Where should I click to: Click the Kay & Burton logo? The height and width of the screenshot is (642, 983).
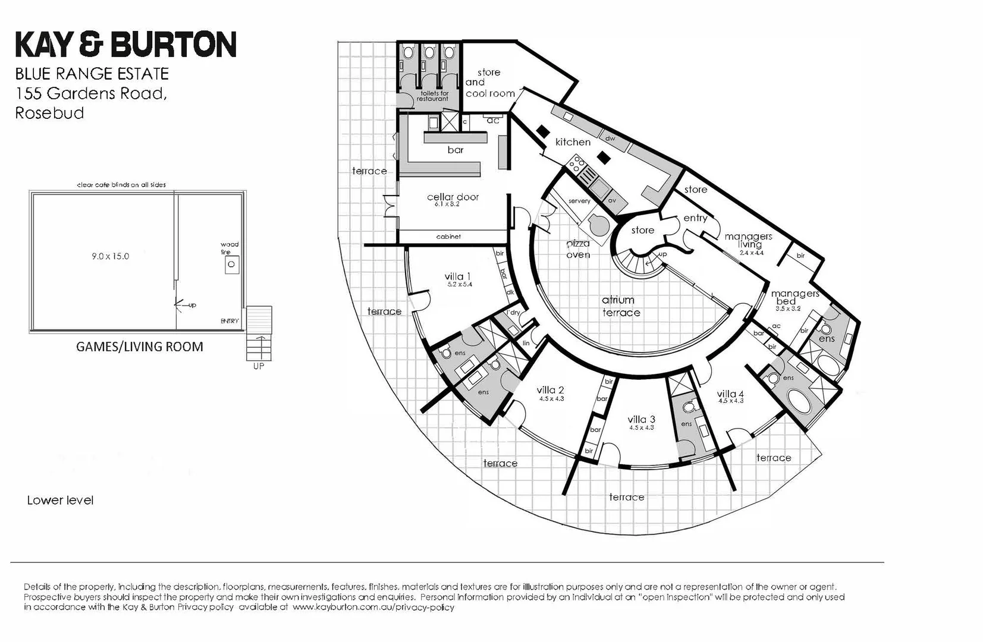click(x=125, y=45)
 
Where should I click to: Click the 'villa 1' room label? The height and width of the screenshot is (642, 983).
click(x=458, y=276)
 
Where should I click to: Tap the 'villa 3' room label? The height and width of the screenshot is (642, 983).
click(x=641, y=420)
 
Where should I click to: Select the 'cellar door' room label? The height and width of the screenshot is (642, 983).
click(x=453, y=197)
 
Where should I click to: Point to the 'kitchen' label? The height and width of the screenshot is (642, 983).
click(x=573, y=142)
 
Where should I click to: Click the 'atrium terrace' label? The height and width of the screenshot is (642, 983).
click(x=620, y=306)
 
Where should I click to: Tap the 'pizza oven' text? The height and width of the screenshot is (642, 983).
click(x=577, y=249)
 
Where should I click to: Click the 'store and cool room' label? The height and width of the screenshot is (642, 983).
click(x=489, y=83)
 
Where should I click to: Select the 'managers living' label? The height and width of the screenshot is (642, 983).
click(x=749, y=240)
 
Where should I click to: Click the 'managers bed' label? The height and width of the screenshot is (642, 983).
click(x=794, y=297)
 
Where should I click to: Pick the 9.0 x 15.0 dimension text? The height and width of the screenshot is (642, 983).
click(x=110, y=256)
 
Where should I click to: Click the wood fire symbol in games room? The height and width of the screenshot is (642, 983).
click(x=232, y=265)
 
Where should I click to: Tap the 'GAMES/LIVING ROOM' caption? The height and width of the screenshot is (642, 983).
click(x=140, y=347)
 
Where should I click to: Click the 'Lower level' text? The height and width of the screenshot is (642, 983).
click(x=60, y=501)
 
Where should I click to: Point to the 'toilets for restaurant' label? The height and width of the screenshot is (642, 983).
click(x=432, y=96)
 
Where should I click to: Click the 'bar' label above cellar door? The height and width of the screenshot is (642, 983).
click(x=456, y=150)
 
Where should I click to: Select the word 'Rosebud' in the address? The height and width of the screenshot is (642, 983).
click(x=49, y=113)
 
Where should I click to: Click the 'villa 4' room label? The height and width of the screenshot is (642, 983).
click(x=730, y=394)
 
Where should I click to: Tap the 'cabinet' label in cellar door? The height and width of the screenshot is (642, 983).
click(x=448, y=237)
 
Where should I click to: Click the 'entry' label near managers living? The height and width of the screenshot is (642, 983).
click(x=695, y=218)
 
